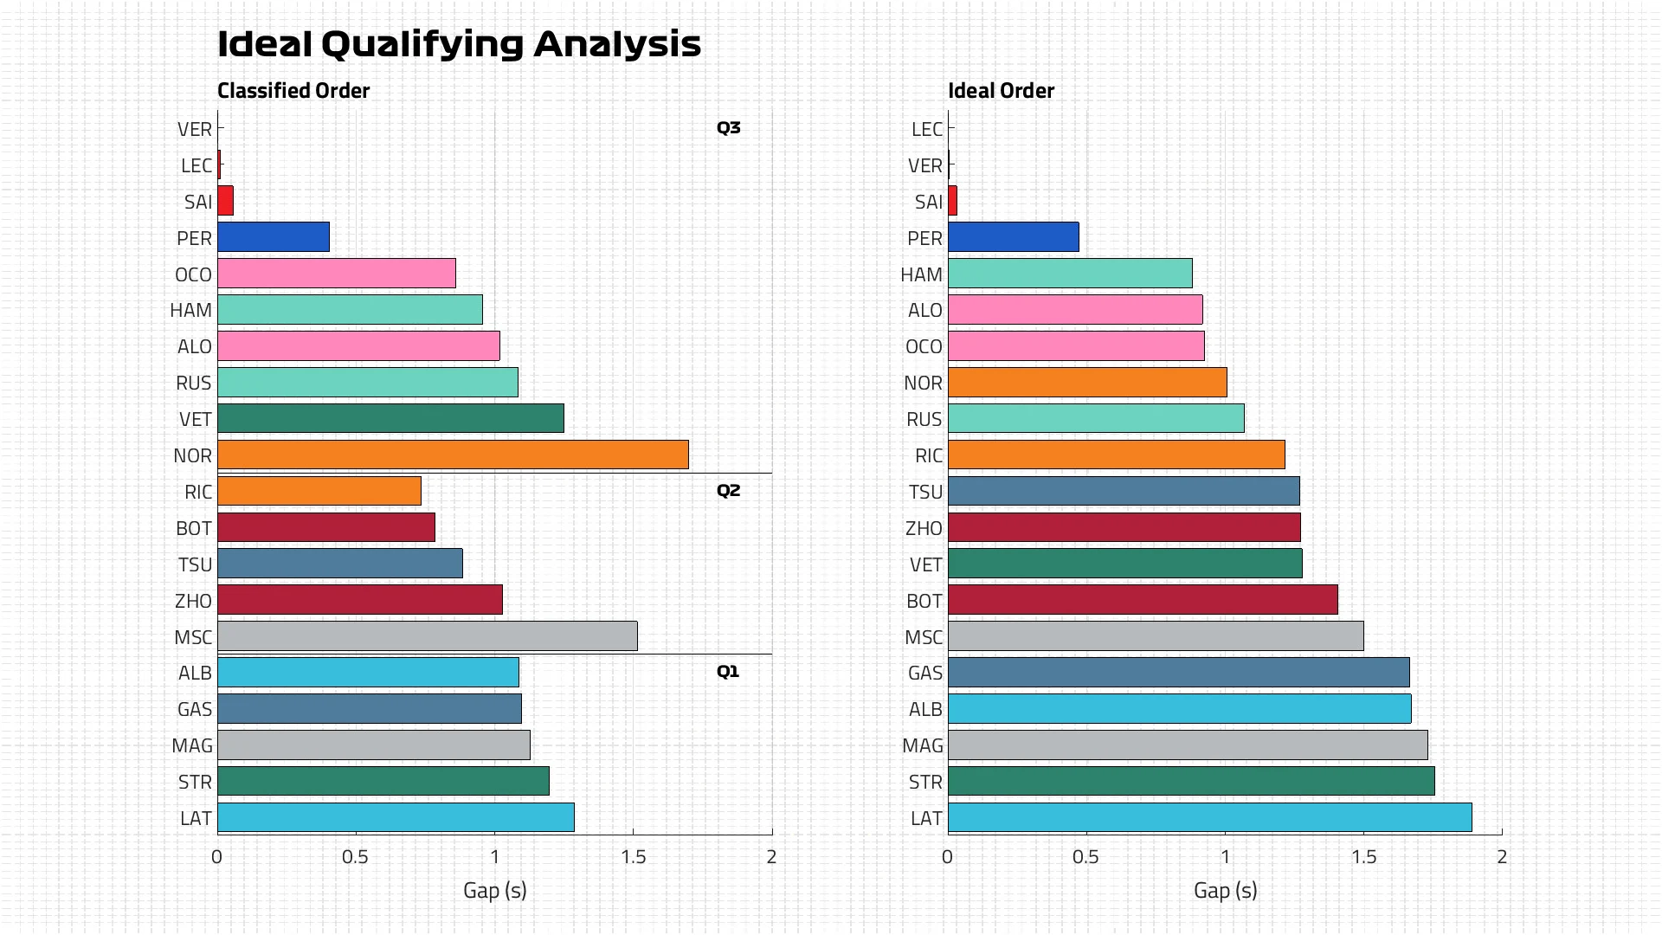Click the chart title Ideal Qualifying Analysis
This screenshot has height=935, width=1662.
point(459,44)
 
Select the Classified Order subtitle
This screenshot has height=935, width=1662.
point(293,91)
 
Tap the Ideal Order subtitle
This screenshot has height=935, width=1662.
point(1001,91)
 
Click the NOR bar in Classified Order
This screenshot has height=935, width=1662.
point(453,455)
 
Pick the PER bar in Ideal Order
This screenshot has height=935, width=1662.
point(1013,237)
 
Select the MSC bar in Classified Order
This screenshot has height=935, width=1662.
point(427,636)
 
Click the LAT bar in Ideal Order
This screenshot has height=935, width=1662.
point(1209,817)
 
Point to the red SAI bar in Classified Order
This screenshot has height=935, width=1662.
point(225,201)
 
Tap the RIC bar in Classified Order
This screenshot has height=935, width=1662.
point(319,491)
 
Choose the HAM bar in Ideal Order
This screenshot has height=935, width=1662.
point(1070,274)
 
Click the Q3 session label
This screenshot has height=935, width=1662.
point(728,128)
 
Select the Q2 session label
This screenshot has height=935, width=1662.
point(728,491)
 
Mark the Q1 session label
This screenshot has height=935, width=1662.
point(728,672)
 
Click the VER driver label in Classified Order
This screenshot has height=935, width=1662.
point(195,129)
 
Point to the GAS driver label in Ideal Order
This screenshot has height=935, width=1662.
point(924,673)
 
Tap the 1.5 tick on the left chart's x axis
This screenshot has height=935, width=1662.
point(634,857)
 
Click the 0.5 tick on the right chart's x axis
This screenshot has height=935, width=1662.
point(1085,857)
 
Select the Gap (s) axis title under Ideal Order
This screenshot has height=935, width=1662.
point(1225,890)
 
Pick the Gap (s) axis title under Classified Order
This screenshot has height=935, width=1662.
point(494,890)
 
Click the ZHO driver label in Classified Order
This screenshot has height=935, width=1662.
point(193,601)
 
